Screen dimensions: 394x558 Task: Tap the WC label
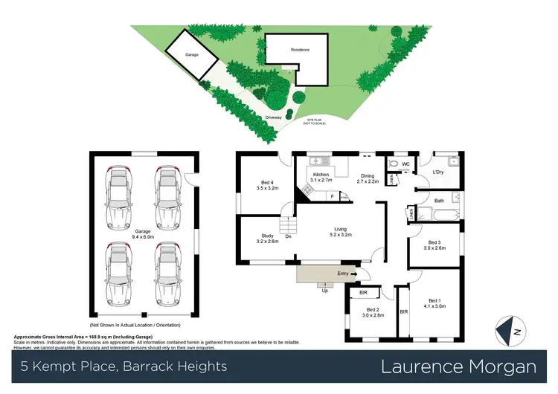click(405, 164)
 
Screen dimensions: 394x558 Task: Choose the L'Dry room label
click(437, 173)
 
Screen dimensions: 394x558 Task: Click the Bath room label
click(439, 200)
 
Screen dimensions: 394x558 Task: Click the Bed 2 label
click(373, 312)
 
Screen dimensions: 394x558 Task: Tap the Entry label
click(342, 274)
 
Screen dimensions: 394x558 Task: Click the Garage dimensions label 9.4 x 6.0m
click(143, 233)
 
